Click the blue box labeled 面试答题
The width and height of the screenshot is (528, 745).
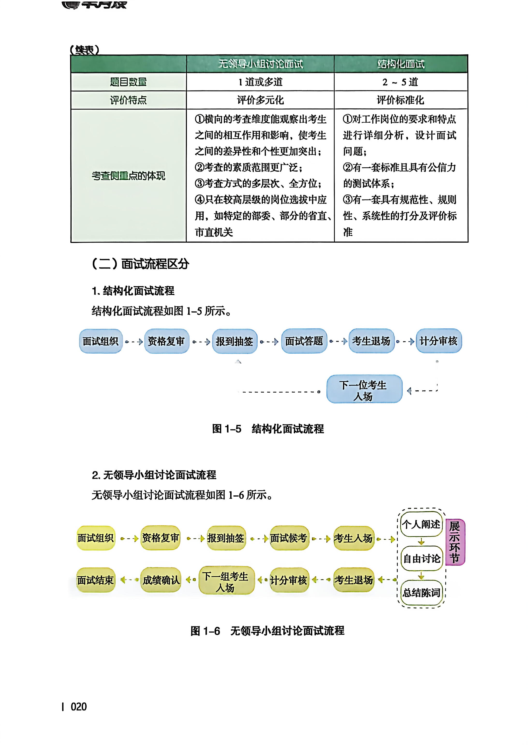[304, 341]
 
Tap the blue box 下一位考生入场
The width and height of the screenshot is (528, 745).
[364, 389]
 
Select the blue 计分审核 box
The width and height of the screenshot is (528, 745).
[439, 341]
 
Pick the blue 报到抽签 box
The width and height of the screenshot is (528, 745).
[235, 341]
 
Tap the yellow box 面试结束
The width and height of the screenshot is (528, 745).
[95, 580]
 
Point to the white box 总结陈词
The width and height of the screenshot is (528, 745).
[422, 593]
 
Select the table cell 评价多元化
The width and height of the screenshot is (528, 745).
[260, 100]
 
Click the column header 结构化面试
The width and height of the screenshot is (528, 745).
[401, 64]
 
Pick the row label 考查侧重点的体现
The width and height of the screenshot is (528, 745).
[128, 176]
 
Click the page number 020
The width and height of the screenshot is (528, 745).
[79, 707]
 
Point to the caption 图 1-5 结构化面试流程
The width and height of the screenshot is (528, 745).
[268, 429]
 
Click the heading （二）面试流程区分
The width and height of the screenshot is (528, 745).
[140, 263]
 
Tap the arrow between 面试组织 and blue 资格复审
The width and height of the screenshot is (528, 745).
[134, 342]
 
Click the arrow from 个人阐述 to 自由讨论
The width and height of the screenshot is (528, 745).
[421, 542]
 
